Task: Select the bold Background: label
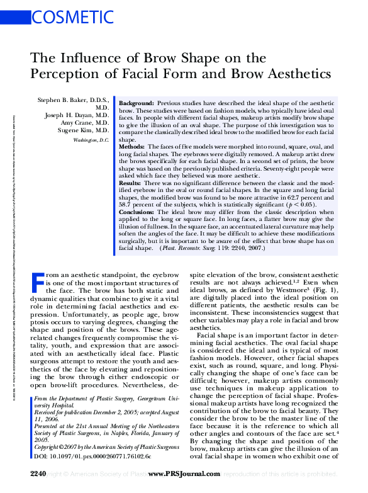pyautogui.click(x=137, y=102)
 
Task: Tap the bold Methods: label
pyautogui.click(x=133, y=146)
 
